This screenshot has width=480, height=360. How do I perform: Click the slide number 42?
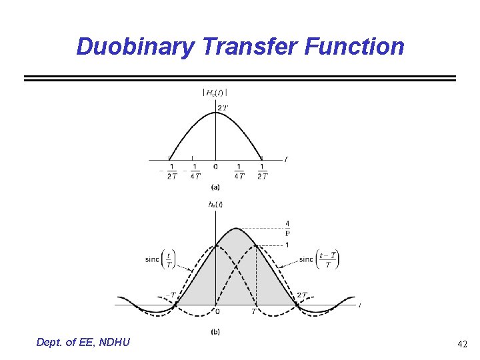(462, 344)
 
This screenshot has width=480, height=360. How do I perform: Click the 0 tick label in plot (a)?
(215, 167)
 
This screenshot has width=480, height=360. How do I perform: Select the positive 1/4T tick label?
(239, 171)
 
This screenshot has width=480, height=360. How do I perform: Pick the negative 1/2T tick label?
(171, 171)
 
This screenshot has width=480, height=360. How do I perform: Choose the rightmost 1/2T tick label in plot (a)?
(262, 171)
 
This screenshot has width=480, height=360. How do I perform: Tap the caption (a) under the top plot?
(215, 187)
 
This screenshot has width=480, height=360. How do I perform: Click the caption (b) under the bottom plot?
(215, 331)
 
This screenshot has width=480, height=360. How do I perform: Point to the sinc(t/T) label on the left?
(161, 259)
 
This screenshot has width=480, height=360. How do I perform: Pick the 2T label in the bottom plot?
(302, 294)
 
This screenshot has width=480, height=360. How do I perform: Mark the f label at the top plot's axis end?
(285, 159)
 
